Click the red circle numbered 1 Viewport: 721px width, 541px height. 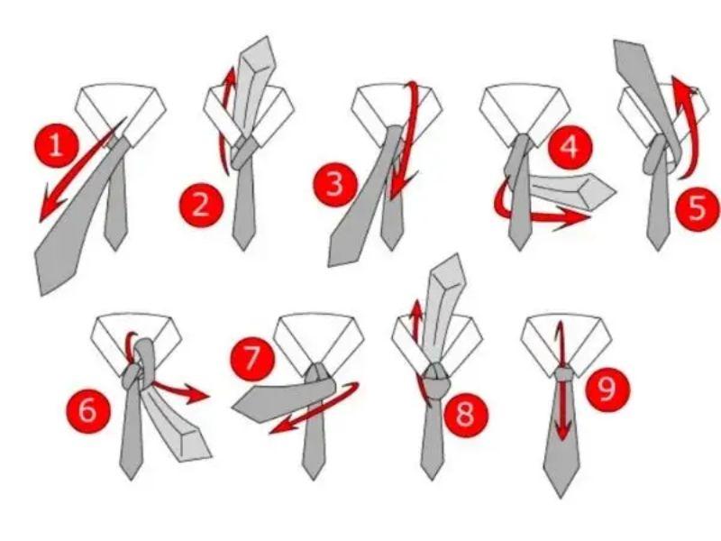[56, 145]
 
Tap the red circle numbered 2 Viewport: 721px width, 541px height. [200, 204]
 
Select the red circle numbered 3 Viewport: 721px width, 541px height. [335, 184]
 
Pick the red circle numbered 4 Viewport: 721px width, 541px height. [570, 147]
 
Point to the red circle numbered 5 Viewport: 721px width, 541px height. [698, 208]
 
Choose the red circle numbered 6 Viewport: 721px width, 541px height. [87, 410]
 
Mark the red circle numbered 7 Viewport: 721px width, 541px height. [252, 358]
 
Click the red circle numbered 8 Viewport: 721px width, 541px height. [464, 414]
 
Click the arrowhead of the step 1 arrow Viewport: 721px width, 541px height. [50, 208]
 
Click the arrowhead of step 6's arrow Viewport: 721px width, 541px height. [196, 393]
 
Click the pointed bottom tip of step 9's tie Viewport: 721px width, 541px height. [561, 497]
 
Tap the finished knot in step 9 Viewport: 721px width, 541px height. [564, 372]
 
